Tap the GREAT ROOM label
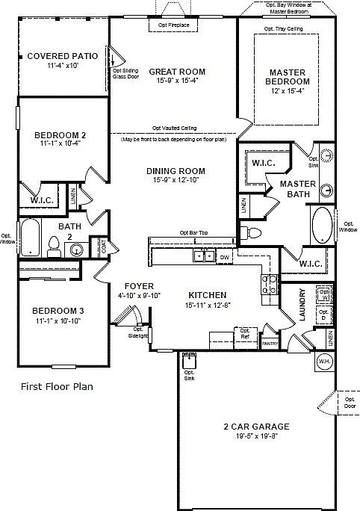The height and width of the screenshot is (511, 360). click(176, 72)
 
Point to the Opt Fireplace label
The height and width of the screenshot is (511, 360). click(173, 26)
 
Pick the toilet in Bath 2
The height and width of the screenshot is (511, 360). click(53, 244)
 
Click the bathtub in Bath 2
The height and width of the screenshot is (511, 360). click(29, 238)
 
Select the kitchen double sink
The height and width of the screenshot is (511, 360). click(202, 256)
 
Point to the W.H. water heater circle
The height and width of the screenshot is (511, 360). click(325, 361)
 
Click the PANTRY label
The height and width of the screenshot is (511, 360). click(269, 343)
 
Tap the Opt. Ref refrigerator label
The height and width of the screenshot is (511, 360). click(243, 333)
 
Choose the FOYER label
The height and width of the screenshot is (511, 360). click(140, 285)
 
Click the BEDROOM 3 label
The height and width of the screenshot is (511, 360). click(57, 310)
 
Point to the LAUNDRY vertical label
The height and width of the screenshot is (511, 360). click(302, 305)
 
